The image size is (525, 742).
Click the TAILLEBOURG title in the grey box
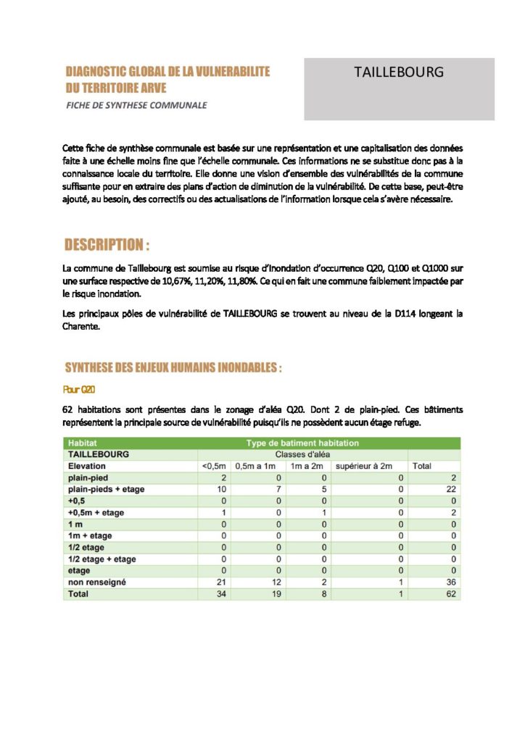coord(399,72)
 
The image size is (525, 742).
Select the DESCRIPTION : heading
coord(107,244)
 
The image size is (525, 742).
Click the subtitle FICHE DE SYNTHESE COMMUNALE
coord(136,105)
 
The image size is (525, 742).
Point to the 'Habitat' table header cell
coord(83,443)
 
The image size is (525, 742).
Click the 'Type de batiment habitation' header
coord(302,443)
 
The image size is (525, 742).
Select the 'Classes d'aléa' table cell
coord(302,454)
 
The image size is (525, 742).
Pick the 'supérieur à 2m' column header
coord(363,466)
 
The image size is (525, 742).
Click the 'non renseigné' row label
coord(97,582)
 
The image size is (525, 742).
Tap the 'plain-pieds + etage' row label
coord(106,489)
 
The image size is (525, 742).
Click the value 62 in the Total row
coord(451,593)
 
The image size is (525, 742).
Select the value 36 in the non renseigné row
coord(451,582)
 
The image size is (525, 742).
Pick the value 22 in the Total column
coord(451,489)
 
